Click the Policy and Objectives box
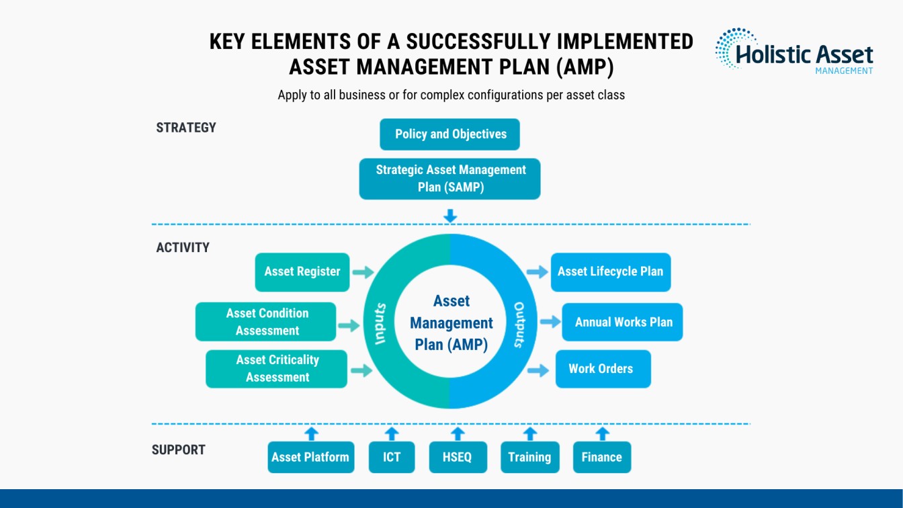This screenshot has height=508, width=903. point(449,134)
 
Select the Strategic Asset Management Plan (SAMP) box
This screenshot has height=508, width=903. point(449,179)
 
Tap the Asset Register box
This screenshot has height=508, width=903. point(302,272)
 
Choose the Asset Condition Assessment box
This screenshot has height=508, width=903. point(265,322)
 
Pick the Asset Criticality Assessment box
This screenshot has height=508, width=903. point(276,369)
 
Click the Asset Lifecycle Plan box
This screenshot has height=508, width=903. point(611,272)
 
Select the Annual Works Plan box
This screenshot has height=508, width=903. point(622,322)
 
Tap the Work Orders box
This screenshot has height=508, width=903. point(603,369)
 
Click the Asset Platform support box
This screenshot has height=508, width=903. point(311,457)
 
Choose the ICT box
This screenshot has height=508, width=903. point(392,457)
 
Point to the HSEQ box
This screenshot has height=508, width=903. point(458,457)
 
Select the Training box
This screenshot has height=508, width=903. point(530,457)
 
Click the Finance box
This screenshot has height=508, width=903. point(602,457)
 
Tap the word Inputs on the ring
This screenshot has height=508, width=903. point(380,324)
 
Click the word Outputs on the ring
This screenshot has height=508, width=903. point(519,325)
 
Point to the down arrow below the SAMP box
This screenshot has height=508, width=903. point(450,216)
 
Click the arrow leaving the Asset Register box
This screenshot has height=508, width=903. point(363,272)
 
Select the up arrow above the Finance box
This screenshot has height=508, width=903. point(602,434)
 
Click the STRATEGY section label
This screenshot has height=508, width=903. point(186,128)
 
